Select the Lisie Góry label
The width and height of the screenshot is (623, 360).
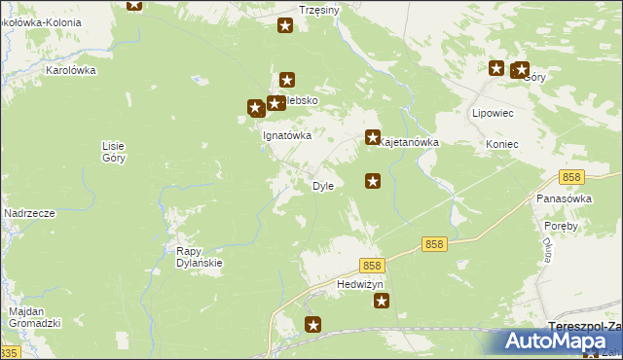pos(113,151)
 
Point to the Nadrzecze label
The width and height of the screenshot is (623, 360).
pos(28,212)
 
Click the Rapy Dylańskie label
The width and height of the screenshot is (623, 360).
pos(200,256)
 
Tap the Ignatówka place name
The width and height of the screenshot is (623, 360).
pos(287,136)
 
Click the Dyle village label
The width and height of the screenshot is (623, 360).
pos(322,186)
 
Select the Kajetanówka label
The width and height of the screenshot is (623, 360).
pos(410,142)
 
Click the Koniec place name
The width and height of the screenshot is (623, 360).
pos(501,144)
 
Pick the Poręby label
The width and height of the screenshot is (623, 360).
pos(562,226)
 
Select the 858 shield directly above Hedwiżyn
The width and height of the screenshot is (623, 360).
pos(372,266)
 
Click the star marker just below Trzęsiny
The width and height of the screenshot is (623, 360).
pos(285,26)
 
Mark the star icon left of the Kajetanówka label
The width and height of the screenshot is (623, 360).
pos(372,139)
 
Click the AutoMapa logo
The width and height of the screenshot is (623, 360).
pos(562,341)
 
